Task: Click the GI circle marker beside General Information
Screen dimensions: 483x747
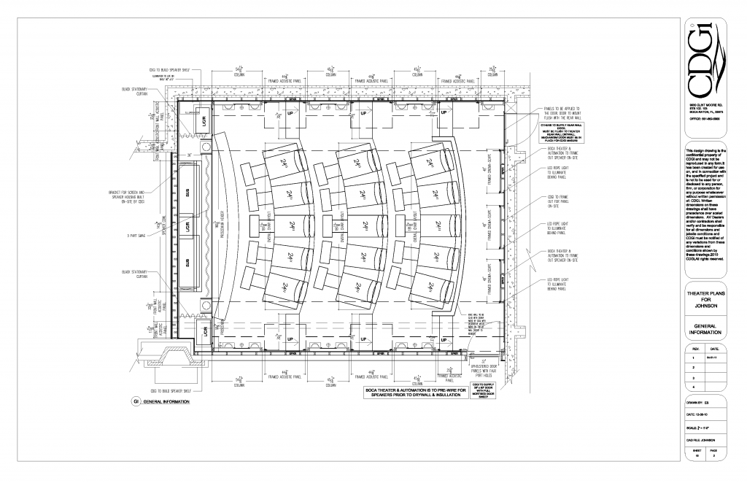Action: pos(135,402)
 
